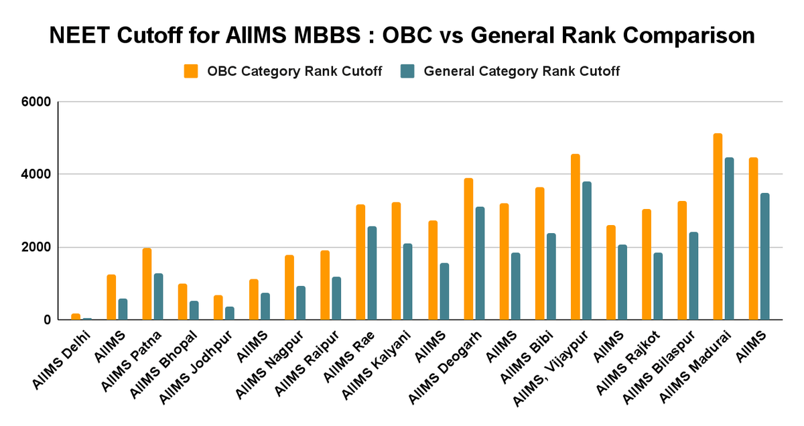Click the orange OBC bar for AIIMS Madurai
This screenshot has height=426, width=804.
718,227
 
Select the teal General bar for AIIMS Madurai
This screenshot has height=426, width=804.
730,239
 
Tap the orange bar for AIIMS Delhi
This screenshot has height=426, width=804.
76,317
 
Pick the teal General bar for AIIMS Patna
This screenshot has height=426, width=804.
158,297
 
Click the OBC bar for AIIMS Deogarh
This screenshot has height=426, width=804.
468,249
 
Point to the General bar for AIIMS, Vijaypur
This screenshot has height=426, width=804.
587,251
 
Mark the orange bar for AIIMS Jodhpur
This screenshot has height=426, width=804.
218,307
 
